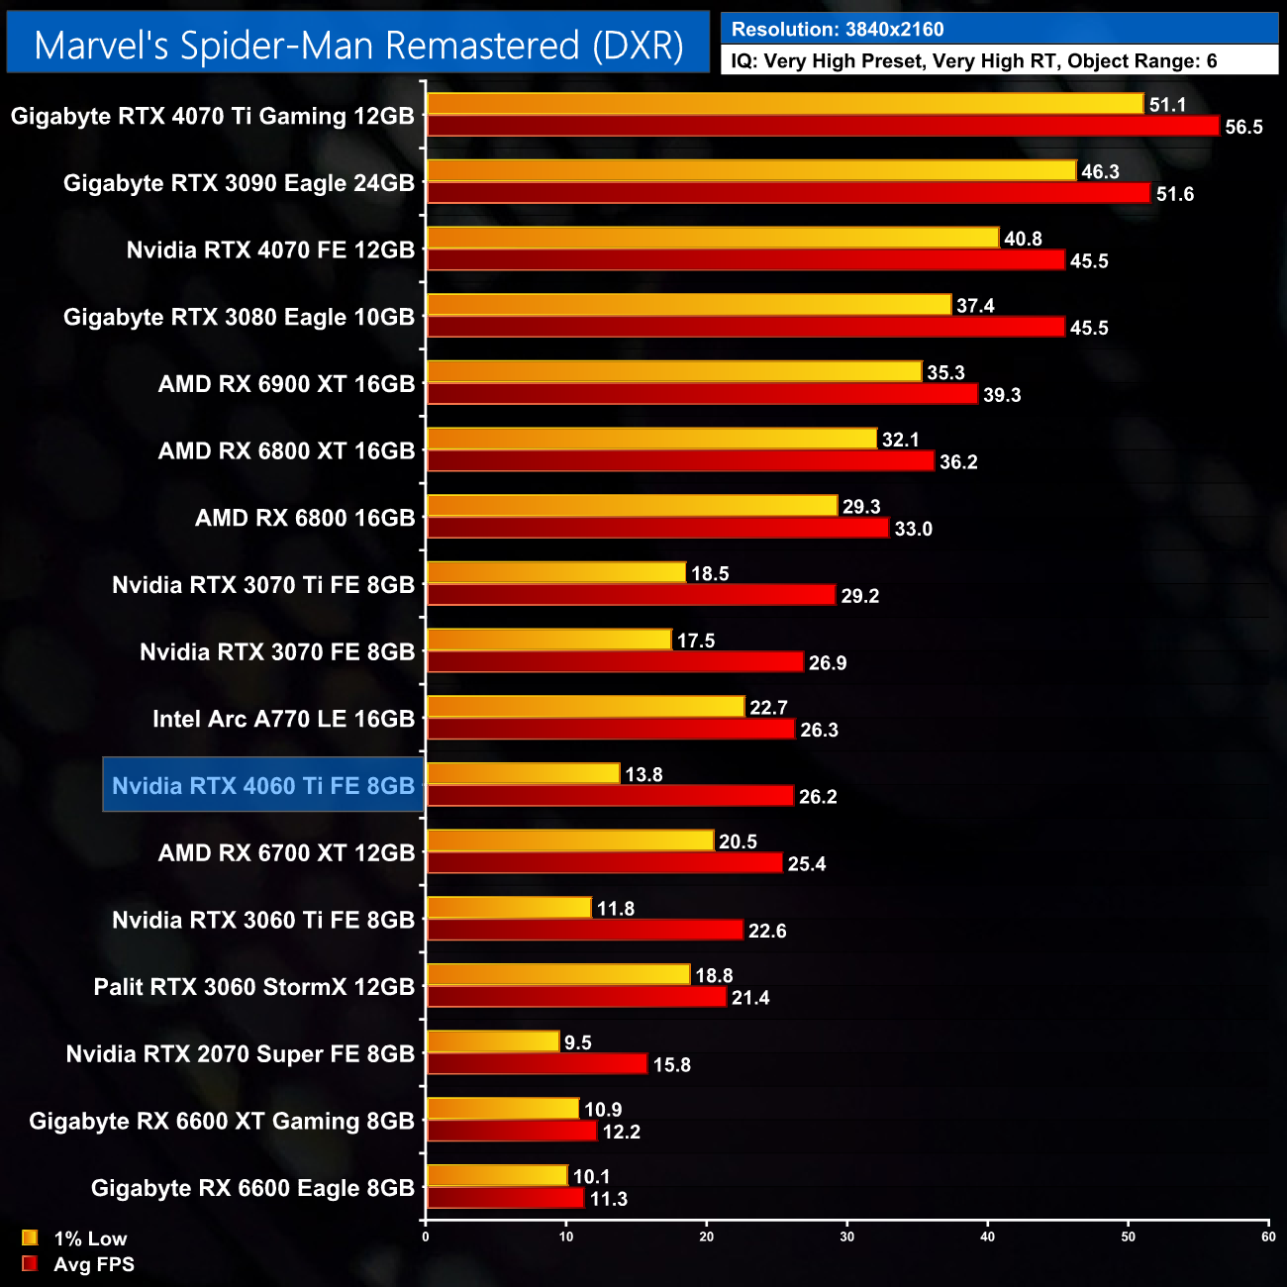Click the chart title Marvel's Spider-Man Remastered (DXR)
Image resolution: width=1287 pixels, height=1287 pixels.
click(358, 46)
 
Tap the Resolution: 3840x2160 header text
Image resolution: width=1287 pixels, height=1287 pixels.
click(838, 30)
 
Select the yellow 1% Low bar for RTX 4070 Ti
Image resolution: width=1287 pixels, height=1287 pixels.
click(785, 104)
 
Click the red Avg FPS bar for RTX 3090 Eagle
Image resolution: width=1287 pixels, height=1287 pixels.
click(788, 193)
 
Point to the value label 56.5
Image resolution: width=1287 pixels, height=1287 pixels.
click(1243, 128)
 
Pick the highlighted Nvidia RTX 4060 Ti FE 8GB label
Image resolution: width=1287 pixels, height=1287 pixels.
click(263, 786)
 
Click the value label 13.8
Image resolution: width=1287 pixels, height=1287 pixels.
click(643, 775)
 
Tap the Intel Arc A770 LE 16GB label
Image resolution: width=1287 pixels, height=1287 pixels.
click(283, 719)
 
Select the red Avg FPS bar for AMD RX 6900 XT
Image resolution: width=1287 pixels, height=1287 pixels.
click(702, 394)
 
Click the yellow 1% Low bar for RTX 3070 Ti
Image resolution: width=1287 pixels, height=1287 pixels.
click(556, 573)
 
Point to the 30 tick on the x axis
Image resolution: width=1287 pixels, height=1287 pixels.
click(847, 1237)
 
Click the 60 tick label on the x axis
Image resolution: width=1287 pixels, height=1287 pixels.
click(1268, 1237)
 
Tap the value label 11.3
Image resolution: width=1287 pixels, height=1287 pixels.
click(608, 1200)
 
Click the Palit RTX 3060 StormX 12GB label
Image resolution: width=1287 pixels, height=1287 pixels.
click(253, 987)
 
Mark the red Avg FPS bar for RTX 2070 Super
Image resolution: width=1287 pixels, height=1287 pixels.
click(537, 1064)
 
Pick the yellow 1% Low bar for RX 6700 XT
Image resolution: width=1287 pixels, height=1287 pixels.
click(570, 841)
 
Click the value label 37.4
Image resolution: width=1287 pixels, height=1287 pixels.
click(975, 306)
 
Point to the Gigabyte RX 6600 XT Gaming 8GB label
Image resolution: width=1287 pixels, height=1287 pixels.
click(222, 1121)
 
